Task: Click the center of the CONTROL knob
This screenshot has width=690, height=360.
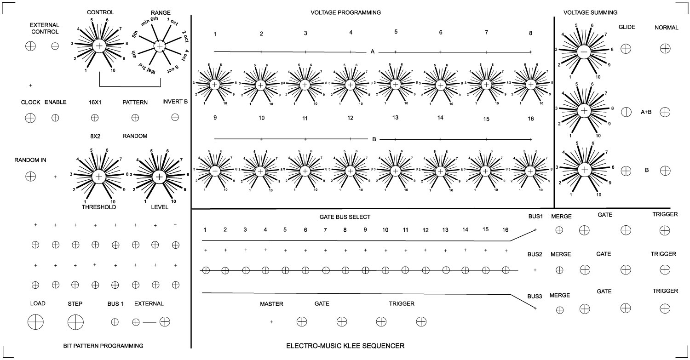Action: [x=99, y=46]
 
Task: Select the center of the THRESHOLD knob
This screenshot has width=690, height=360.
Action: [x=99, y=177]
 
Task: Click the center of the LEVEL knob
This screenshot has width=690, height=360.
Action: [x=159, y=177]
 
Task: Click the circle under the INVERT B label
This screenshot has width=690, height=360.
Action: [x=175, y=117]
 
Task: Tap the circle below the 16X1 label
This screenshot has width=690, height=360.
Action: [x=95, y=118]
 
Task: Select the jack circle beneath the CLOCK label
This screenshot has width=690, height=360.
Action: [x=30, y=118]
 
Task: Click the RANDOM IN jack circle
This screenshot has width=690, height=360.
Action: [x=30, y=176]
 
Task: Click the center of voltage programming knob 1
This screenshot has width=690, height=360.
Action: [x=215, y=85]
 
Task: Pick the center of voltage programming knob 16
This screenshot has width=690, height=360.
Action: [x=530, y=171]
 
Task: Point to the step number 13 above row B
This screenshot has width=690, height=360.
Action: [x=395, y=118]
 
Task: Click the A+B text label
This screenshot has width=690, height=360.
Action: [x=646, y=112]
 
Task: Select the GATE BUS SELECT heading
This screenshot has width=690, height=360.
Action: [x=345, y=217]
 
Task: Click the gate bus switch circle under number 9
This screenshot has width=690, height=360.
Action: [x=365, y=270]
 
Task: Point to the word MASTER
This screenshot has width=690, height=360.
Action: [x=271, y=304]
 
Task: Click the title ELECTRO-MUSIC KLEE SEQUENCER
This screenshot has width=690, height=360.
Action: [x=345, y=346]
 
